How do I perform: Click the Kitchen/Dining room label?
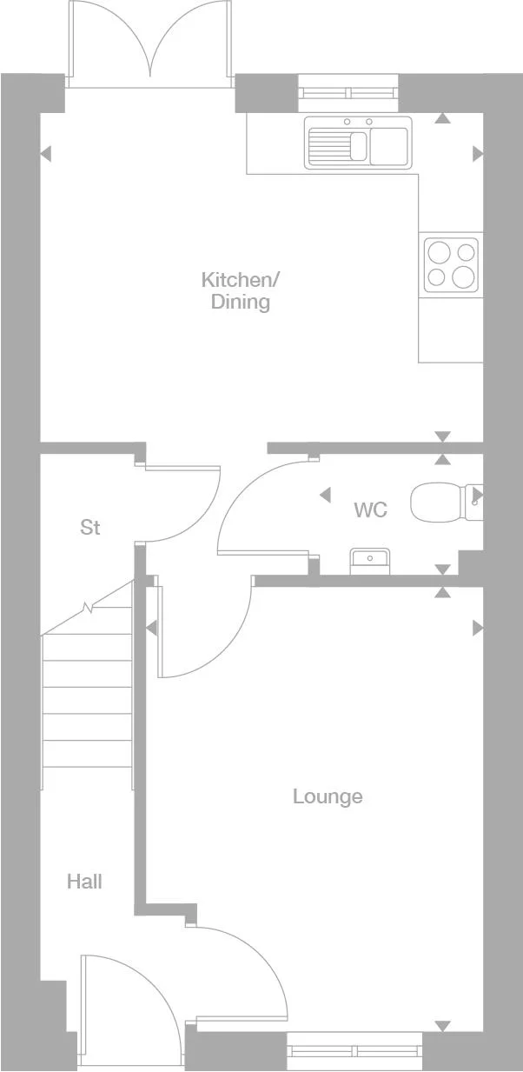pyautogui.click(x=241, y=291)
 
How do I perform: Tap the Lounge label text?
pyautogui.click(x=328, y=796)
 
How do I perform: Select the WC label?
pyautogui.click(x=370, y=509)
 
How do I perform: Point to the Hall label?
pyautogui.click(x=84, y=882)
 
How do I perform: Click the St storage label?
pyautogui.click(x=90, y=528)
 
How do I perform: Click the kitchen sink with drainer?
pyautogui.click(x=356, y=143)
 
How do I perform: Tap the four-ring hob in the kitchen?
pyautogui.click(x=450, y=265)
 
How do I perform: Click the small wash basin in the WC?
pyautogui.click(x=370, y=561)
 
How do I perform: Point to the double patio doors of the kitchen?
pyautogui.click(x=151, y=43)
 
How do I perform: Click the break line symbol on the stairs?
pyautogui.click(x=87, y=608)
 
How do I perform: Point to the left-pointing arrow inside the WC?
pyautogui.click(x=325, y=496)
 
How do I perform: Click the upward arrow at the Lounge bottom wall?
pyautogui.click(x=443, y=1026)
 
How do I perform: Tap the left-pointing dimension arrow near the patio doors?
pyautogui.click(x=46, y=154)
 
